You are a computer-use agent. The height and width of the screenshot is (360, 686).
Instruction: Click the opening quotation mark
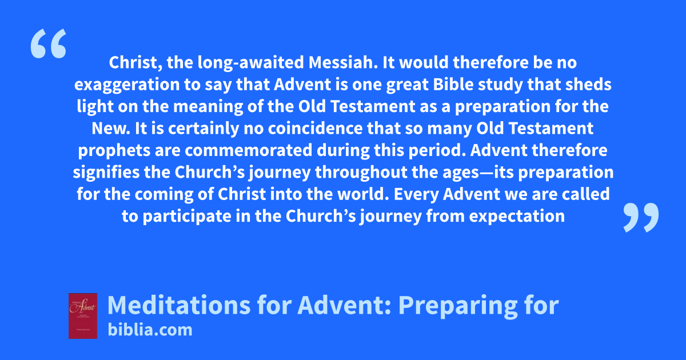point(49,43)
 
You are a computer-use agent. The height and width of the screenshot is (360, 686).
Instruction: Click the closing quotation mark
point(641,217)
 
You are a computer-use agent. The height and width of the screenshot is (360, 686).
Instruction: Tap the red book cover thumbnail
point(83,316)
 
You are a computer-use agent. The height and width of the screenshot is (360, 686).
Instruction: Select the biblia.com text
point(150,330)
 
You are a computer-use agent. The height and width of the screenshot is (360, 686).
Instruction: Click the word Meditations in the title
point(179,305)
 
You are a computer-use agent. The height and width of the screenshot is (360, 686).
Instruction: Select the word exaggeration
point(127,85)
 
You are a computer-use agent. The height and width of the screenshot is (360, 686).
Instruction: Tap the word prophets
point(114,151)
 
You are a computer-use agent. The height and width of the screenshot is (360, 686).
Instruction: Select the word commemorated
point(248,151)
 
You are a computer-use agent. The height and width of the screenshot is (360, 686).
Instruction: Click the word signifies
point(106,173)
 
